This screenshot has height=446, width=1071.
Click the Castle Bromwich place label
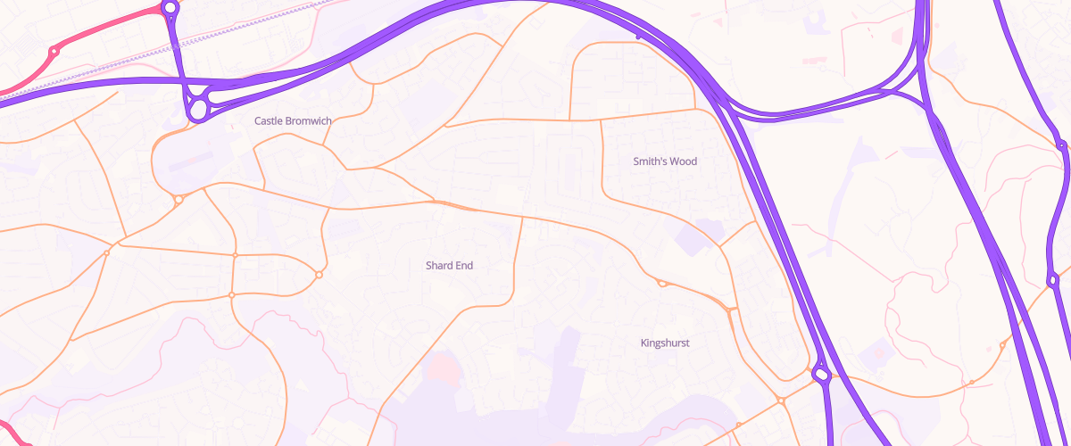point(293,120)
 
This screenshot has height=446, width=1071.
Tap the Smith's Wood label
point(665,161)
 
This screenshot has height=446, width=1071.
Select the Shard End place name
point(449,266)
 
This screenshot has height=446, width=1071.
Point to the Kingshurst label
point(665,343)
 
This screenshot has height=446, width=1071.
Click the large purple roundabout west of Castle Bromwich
point(198,109)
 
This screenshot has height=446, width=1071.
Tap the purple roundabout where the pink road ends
point(170,7)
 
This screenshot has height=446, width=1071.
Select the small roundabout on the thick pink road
point(54,52)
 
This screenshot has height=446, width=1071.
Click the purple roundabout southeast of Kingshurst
point(821,376)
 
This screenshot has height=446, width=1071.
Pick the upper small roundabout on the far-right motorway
point(1061,145)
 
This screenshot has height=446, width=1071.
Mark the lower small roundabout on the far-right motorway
point(1053,280)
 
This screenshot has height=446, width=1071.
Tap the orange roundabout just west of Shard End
point(319,275)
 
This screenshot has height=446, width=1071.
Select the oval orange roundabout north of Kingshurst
point(662,284)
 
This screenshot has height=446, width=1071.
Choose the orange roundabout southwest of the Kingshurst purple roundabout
point(781,401)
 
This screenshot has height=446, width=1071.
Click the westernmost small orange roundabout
point(106,253)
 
